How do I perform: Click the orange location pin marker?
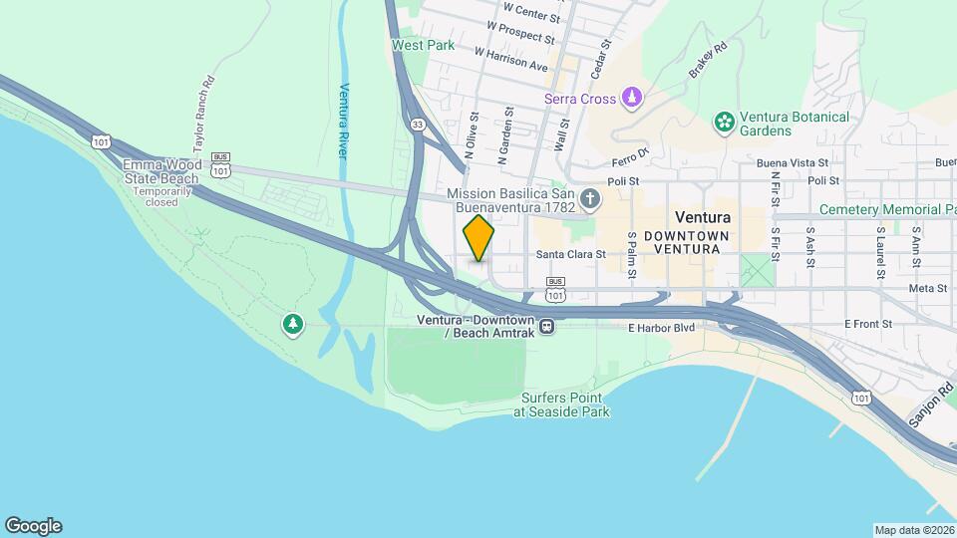(x=479, y=238)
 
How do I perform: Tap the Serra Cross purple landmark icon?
(x=630, y=98)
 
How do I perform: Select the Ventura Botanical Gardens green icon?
(x=725, y=123)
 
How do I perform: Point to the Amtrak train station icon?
(x=546, y=326)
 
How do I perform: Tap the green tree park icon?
(x=292, y=324)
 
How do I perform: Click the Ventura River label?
(x=343, y=120)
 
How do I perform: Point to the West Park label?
(x=423, y=45)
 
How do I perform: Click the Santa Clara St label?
(x=571, y=255)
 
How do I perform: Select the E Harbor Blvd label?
(x=661, y=327)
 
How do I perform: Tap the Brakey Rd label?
(x=708, y=59)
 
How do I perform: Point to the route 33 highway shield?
(x=419, y=124)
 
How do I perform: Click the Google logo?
(x=33, y=526)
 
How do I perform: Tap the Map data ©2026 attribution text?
(x=913, y=530)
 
